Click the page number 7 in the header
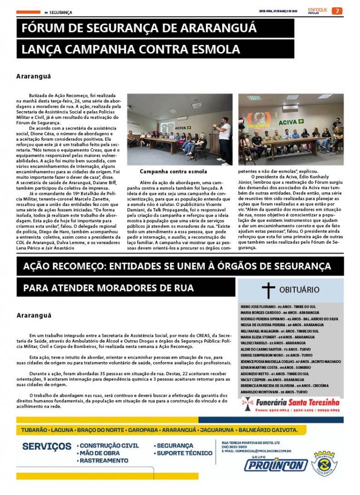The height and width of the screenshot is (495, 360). point(337,11)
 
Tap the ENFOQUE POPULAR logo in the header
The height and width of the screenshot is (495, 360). point(317,11)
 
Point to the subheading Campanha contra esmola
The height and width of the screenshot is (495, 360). point(173,172)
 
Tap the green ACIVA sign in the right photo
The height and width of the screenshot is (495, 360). point(288,122)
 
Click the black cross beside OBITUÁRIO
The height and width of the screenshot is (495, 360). point(268,291)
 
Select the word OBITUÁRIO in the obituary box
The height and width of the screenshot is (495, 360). point(299,290)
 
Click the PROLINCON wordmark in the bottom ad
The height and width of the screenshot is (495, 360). point(275,465)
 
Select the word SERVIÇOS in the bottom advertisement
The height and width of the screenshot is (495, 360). point(46,446)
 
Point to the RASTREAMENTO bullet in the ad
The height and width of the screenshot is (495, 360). point(104,461)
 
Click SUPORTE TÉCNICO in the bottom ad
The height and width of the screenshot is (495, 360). point(184,453)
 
